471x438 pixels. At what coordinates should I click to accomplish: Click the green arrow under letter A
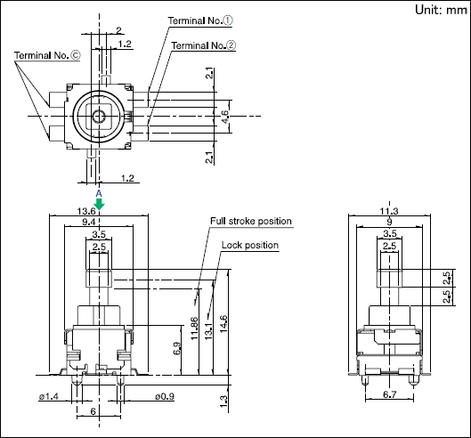(99, 204)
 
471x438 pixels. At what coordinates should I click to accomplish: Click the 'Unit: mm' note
(441, 10)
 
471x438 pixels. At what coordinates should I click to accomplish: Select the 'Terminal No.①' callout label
(200, 20)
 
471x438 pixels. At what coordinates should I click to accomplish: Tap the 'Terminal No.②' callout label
(203, 45)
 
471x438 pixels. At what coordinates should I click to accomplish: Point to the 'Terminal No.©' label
(47, 55)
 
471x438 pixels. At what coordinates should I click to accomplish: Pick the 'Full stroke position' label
(251, 221)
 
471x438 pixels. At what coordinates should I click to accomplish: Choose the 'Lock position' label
(250, 245)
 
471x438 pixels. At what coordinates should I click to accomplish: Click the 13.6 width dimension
(86, 211)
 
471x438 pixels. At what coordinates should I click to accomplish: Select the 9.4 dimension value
(89, 222)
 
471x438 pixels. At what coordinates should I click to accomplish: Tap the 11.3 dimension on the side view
(389, 211)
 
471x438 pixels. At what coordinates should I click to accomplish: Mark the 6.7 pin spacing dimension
(390, 394)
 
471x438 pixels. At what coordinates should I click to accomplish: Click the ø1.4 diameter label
(48, 396)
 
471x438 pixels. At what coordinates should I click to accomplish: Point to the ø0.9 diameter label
(165, 396)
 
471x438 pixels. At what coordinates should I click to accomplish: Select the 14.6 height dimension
(223, 324)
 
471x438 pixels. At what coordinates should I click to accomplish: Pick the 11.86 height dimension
(194, 328)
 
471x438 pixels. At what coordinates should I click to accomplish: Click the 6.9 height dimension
(177, 348)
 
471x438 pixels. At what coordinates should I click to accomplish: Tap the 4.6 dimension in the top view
(224, 117)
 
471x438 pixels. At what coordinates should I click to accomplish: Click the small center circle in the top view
(99, 117)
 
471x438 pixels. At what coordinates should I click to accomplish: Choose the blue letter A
(99, 193)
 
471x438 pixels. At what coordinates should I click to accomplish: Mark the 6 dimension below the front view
(93, 411)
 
